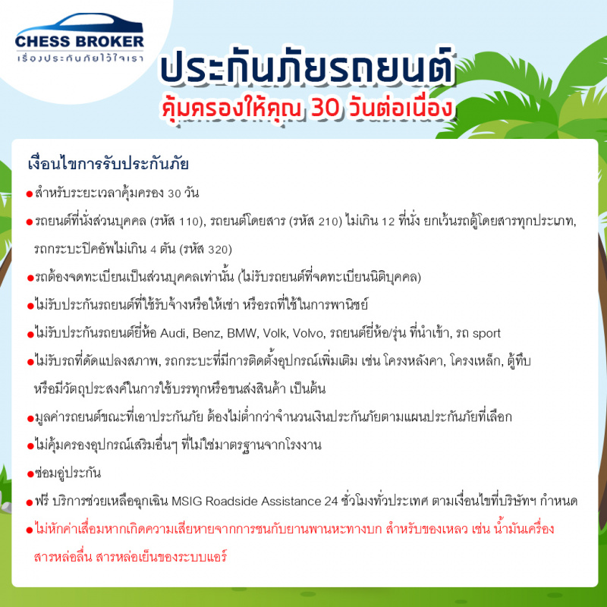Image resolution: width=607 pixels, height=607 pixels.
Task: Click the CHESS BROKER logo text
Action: click(x=80, y=42)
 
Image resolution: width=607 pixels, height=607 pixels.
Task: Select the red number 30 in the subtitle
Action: click(x=326, y=108)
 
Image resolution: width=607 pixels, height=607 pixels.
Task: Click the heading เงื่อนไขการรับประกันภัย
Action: click(x=109, y=163)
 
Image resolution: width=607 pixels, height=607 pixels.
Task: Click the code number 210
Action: click(x=328, y=222)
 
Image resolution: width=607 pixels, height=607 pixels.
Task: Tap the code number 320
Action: click(x=218, y=250)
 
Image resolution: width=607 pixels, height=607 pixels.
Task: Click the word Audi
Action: click(x=173, y=333)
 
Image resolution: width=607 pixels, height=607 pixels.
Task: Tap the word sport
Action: click(x=486, y=334)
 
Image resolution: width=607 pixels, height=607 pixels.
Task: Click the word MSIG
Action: click(x=187, y=502)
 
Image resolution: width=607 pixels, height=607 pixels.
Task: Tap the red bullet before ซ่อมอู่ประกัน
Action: click(x=30, y=475)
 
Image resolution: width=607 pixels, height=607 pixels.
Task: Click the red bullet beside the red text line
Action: click(x=30, y=530)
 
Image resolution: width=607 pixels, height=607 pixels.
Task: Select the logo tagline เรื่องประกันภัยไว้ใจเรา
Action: click(x=80, y=58)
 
